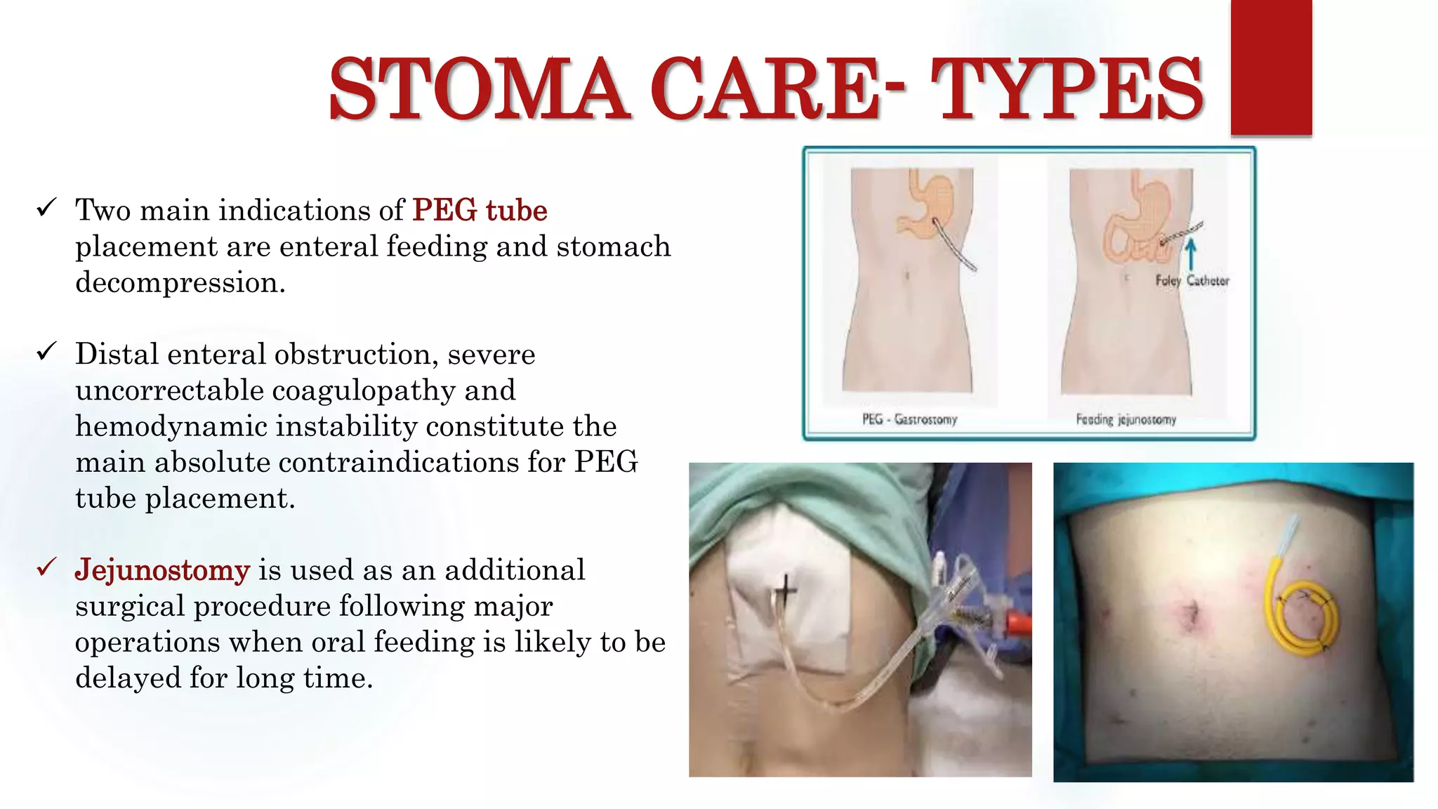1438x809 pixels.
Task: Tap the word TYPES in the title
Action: (1067, 89)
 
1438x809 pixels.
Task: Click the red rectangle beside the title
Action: (1271, 67)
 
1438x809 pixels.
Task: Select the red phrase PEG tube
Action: (480, 210)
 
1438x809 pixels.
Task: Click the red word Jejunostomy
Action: (162, 570)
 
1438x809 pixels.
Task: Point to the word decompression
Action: (180, 282)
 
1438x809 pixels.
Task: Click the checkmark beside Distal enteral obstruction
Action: (46, 351)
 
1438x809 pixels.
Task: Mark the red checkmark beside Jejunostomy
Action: (46, 567)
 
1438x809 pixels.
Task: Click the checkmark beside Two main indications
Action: (46, 207)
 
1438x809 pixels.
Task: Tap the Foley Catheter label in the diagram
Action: (1192, 281)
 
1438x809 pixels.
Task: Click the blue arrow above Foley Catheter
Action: (1190, 254)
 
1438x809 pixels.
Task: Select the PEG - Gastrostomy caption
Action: (909, 419)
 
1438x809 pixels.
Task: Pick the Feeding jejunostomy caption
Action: (1126, 419)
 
